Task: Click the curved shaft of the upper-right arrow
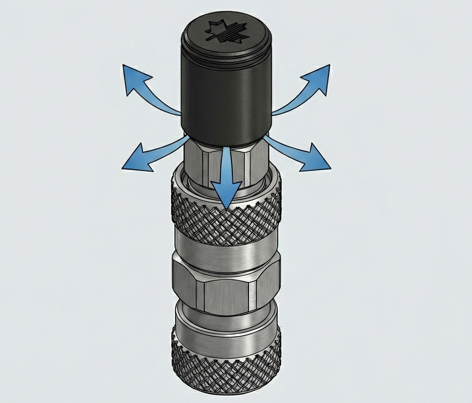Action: [x=293, y=102]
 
